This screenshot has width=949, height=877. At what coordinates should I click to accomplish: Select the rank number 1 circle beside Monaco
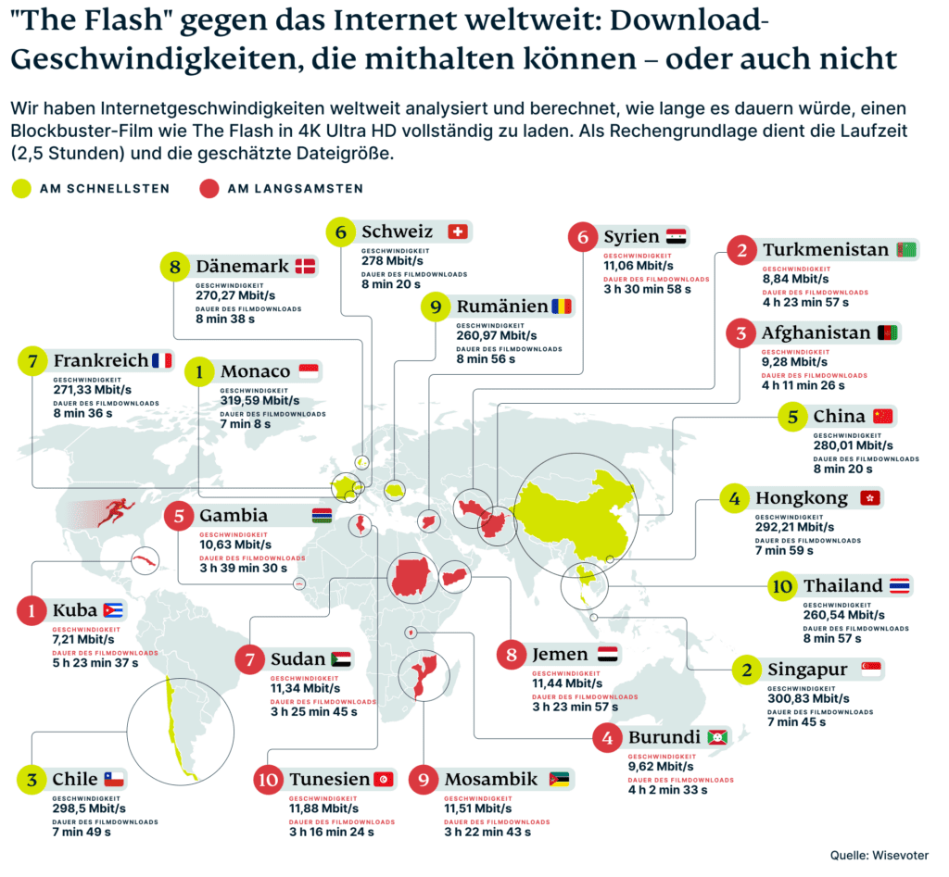coord(198,372)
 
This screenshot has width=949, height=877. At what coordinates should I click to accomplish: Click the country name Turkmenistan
coord(826,250)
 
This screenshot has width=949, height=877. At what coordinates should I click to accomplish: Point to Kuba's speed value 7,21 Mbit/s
coord(83,639)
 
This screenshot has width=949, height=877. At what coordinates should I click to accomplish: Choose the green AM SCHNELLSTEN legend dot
coord(22,189)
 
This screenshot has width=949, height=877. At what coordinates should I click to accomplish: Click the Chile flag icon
coord(113,779)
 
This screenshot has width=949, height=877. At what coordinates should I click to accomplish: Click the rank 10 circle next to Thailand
coord(781,586)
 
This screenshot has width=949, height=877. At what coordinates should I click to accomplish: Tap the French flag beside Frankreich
coord(161,360)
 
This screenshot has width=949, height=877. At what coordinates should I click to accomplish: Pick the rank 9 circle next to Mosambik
coord(423,780)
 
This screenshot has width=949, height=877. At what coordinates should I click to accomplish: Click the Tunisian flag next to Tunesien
coord(383,779)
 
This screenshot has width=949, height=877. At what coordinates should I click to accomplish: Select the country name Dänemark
coord(243,267)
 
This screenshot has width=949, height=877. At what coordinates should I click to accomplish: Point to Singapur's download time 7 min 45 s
coord(797,721)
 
